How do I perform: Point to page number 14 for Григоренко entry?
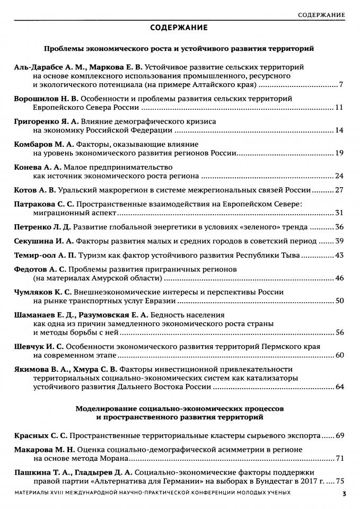tap(340, 130)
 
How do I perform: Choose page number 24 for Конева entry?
tap(340, 175)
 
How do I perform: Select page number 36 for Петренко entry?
tap(340, 227)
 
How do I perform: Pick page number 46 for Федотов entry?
tap(340, 278)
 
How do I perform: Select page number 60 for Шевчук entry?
tap(340, 355)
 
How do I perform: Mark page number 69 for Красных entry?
tap(340, 435)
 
